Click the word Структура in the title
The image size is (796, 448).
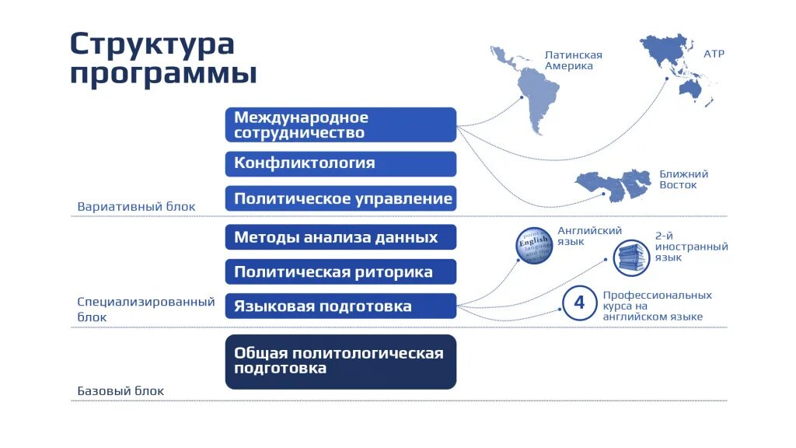(152, 44)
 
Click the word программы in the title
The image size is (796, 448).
(163, 75)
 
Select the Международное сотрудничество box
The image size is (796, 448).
(340, 125)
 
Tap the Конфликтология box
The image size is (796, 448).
(340, 163)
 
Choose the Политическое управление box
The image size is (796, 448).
(340, 198)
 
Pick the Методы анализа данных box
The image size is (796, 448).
(340, 237)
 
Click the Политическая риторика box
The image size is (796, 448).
(340, 272)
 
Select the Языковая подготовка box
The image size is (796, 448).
(340, 306)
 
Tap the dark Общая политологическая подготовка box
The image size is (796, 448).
(340, 362)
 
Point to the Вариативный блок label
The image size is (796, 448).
(136, 207)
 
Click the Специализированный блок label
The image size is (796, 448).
(145, 309)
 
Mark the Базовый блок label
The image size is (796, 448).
(120, 391)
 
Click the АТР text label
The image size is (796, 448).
(714, 54)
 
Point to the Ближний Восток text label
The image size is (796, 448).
(683, 180)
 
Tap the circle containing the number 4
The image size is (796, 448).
(579, 303)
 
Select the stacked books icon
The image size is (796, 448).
(630, 257)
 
